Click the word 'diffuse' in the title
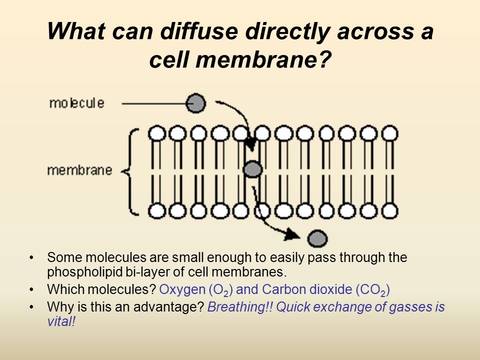coord(199,31)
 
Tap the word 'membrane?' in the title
coord(263,59)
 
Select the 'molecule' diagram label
coord(77,103)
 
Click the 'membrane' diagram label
coord(80,170)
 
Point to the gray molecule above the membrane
coord(196,103)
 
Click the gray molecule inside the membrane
coord(252,169)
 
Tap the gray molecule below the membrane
coord(317,238)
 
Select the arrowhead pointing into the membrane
coord(251,144)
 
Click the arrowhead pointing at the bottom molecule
coord(292,235)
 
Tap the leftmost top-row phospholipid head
coord(157,133)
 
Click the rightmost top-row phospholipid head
coord(389,133)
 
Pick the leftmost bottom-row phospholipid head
coord(157,211)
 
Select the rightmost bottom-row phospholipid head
coord(389,211)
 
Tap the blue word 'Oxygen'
coord(182,289)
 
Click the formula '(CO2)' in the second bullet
coord(372,290)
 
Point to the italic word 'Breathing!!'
coord(240,306)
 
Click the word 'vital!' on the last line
coord(61,321)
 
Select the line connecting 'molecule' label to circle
coord(154,103)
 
